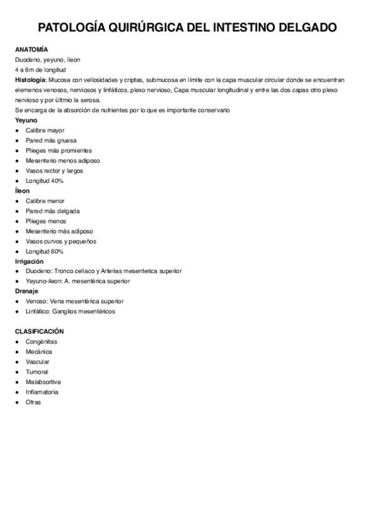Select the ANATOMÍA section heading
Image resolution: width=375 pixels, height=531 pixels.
(x=32, y=49)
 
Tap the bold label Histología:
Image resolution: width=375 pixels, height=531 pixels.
(x=31, y=80)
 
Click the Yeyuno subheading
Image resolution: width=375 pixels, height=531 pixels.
(x=26, y=120)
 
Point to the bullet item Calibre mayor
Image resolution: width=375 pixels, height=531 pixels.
(x=45, y=130)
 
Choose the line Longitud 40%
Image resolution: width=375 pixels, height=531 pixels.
(x=44, y=181)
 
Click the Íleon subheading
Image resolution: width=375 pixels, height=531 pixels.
(x=23, y=191)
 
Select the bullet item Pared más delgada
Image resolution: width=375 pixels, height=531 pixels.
(x=53, y=211)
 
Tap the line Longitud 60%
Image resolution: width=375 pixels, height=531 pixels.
(x=44, y=251)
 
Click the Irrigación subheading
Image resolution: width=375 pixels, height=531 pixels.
(x=30, y=261)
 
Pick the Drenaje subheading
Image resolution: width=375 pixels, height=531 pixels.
(x=27, y=291)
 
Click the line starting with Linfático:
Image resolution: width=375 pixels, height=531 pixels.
(x=70, y=311)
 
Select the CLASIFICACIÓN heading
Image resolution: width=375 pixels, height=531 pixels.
(x=39, y=331)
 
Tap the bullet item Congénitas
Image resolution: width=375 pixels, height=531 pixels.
(x=41, y=341)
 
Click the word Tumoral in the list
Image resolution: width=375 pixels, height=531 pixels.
(x=38, y=372)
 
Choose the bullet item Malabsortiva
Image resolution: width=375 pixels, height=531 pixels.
(x=43, y=382)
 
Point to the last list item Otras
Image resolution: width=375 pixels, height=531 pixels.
(x=33, y=402)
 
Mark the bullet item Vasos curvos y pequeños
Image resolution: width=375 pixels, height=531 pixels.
(x=61, y=241)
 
